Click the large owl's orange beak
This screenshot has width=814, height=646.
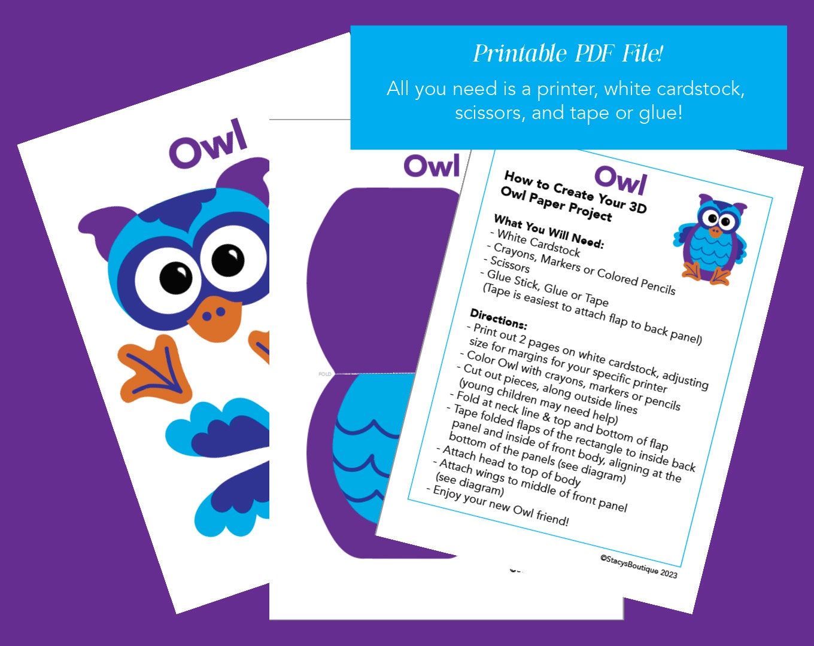215,316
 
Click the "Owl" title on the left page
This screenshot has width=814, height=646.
208,144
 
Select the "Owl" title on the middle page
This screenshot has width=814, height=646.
432,166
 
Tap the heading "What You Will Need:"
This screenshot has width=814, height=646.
549,231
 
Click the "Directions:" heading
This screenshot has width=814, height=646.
498,320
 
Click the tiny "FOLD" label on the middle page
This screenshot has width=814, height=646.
324,374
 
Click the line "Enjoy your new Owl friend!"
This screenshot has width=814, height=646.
500,506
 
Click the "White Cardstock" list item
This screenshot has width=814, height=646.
539,243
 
